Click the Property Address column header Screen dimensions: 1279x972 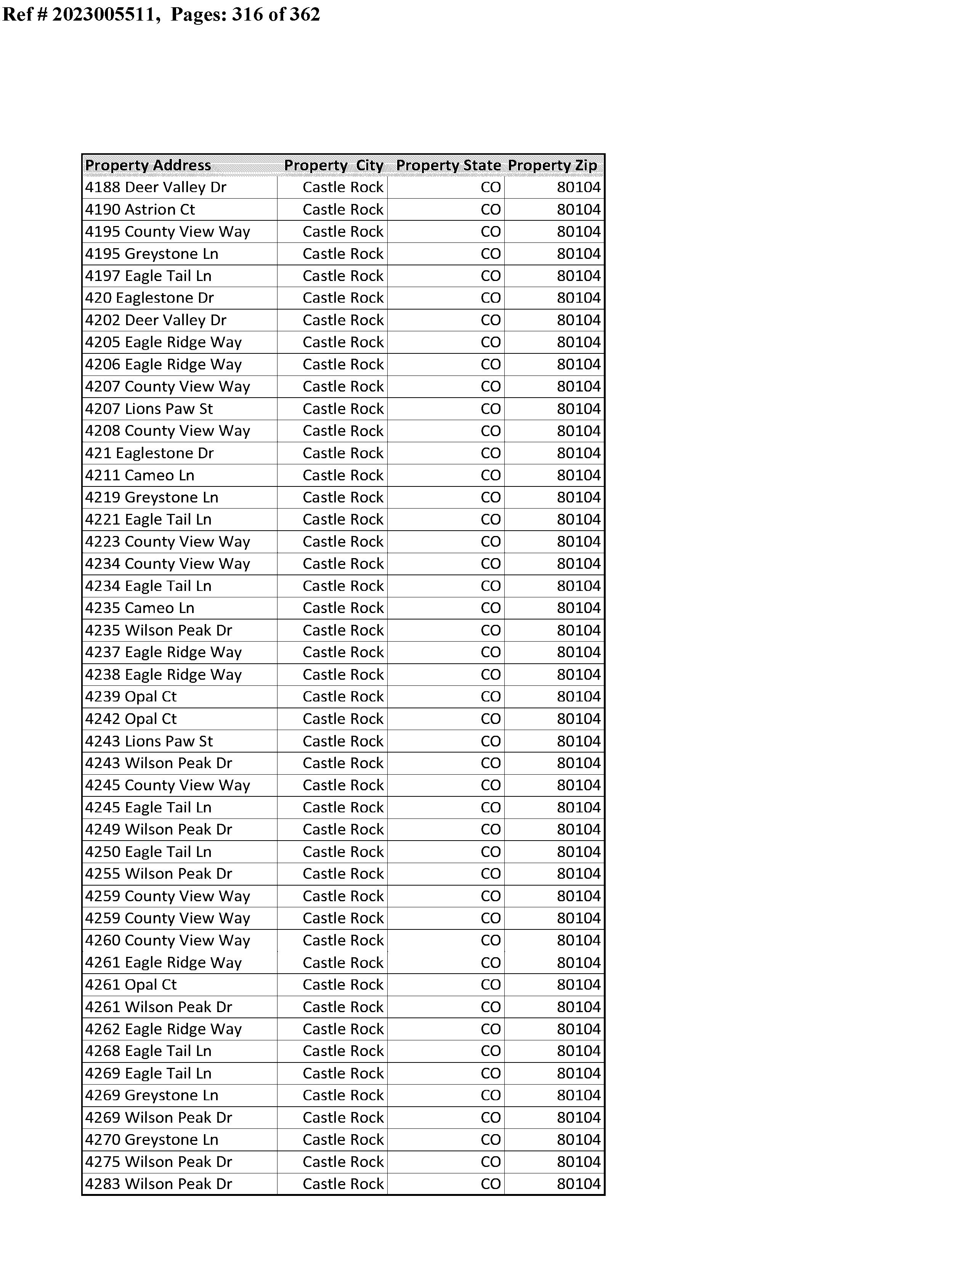tap(148, 165)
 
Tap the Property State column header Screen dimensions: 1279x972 tap(448, 165)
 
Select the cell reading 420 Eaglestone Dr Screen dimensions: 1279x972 tap(149, 298)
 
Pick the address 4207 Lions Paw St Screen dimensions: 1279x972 tap(149, 409)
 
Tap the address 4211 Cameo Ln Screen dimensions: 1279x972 tap(140, 475)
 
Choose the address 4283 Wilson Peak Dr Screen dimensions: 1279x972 tap(159, 1184)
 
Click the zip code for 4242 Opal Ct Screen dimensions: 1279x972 tap(579, 719)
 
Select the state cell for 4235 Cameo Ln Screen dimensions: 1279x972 tap(491, 608)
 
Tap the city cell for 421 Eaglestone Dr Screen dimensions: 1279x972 tap(343, 453)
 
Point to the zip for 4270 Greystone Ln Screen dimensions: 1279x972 tap(579, 1139)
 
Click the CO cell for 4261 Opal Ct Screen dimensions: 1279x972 tap(491, 985)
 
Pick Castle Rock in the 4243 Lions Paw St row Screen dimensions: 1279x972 tap(343, 741)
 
